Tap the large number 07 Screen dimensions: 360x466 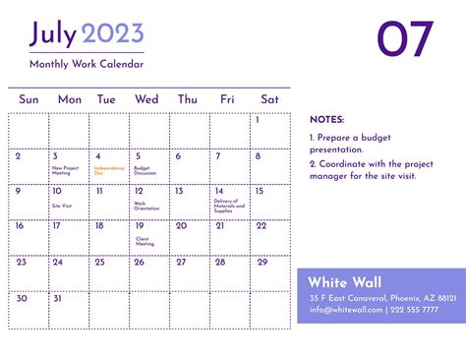(x=405, y=39)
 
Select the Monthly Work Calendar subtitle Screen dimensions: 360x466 (x=87, y=64)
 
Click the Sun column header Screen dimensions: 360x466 (x=29, y=99)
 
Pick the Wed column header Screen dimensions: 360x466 (x=146, y=99)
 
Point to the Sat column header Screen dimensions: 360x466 (x=269, y=99)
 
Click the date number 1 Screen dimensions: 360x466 (x=258, y=120)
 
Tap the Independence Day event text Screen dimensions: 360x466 (x=105, y=170)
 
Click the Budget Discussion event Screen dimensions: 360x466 (x=146, y=170)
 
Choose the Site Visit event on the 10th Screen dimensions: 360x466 (x=62, y=206)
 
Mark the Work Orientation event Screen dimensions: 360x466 (x=146, y=206)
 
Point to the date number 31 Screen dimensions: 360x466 (x=57, y=297)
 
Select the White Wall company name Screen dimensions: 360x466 (x=344, y=282)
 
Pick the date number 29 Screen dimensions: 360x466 (x=261, y=262)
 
